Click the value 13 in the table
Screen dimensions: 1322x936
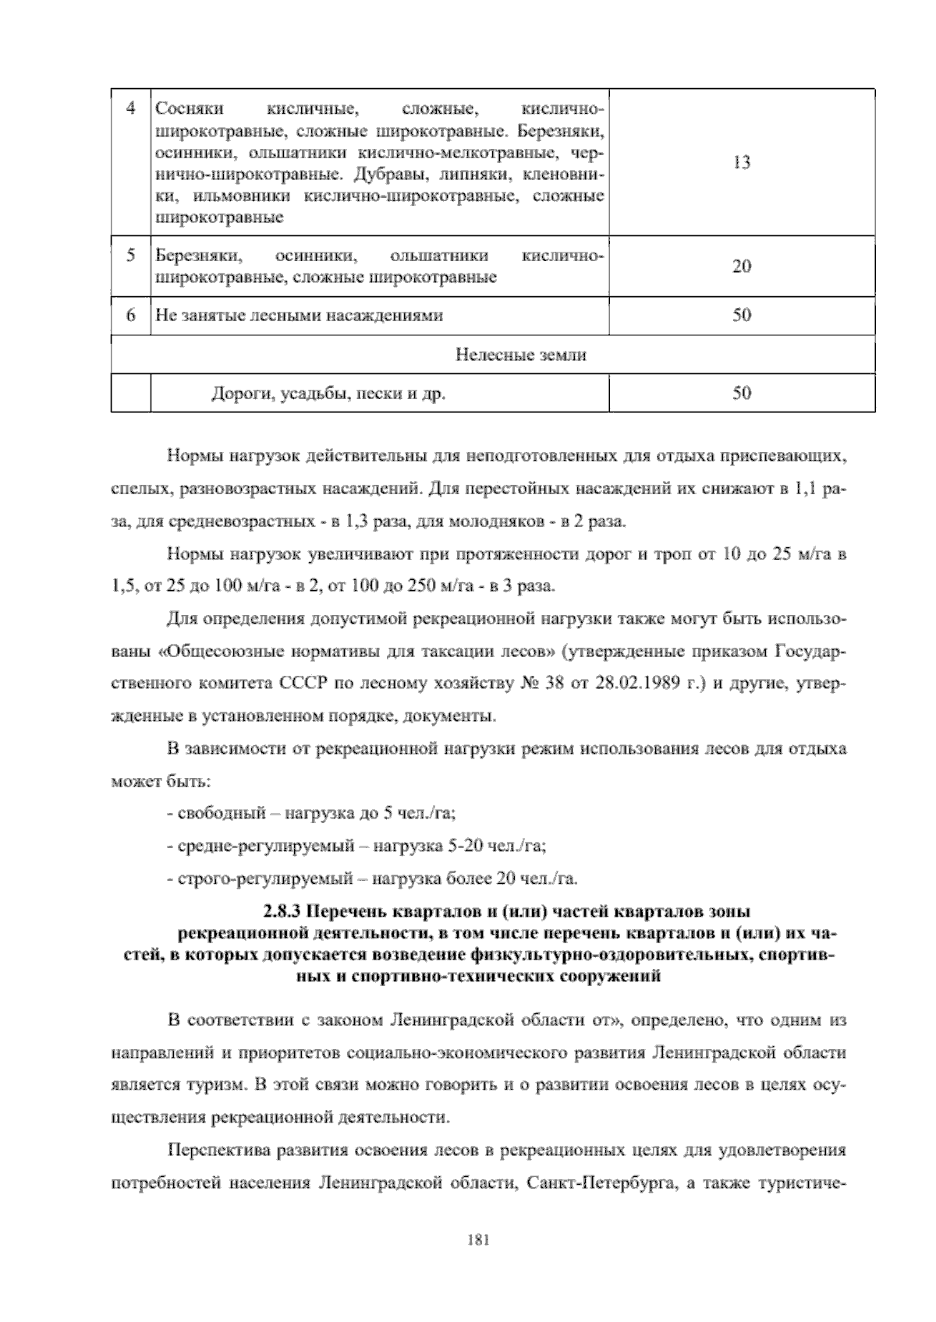tap(742, 163)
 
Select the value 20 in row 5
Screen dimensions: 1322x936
tap(742, 267)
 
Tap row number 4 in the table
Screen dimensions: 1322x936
tap(130, 107)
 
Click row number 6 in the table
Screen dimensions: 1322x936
tap(130, 316)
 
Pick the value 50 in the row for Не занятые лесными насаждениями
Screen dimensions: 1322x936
tap(742, 316)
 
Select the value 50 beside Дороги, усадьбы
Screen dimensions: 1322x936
tap(742, 393)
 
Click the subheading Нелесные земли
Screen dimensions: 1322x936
tap(520, 355)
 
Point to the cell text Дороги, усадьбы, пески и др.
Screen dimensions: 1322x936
tap(328, 394)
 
